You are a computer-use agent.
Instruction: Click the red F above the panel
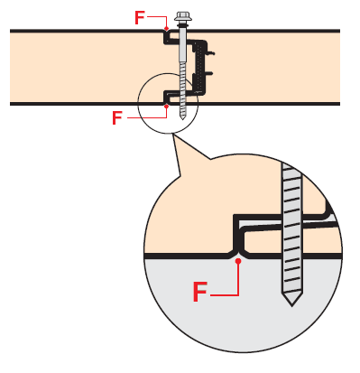[140, 18]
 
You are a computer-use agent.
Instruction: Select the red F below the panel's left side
[117, 117]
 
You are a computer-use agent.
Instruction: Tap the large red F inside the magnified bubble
[200, 292]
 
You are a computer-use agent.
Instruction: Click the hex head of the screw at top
[183, 15]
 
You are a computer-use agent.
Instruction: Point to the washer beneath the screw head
[183, 23]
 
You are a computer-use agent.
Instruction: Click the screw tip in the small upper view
[182, 117]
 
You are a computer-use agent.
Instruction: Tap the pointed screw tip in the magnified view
[291, 299]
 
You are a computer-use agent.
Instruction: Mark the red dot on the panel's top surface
[166, 29]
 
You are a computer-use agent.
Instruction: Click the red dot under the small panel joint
[166, 106]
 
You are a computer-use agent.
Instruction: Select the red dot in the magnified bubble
[238, 261]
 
